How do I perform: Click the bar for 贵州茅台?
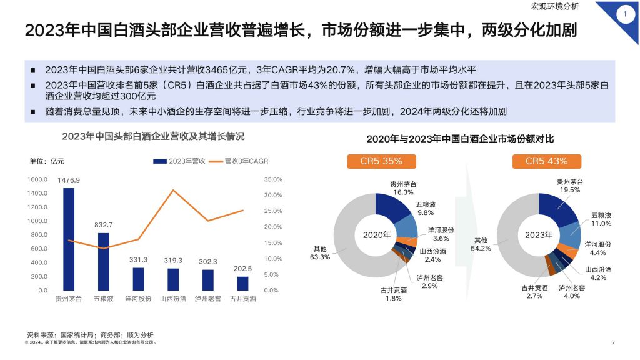69,239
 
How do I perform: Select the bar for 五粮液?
104,261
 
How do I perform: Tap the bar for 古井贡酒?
242,284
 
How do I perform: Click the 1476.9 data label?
69,181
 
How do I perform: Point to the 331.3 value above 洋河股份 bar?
138,260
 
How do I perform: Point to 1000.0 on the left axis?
37,221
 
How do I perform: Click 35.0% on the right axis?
273,179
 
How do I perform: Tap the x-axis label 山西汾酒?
173,299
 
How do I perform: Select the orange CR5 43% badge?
546,161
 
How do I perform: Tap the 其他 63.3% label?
320,252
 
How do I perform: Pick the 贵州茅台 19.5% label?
570,186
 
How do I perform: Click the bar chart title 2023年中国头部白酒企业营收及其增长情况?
153,136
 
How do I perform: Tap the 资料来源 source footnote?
90,335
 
